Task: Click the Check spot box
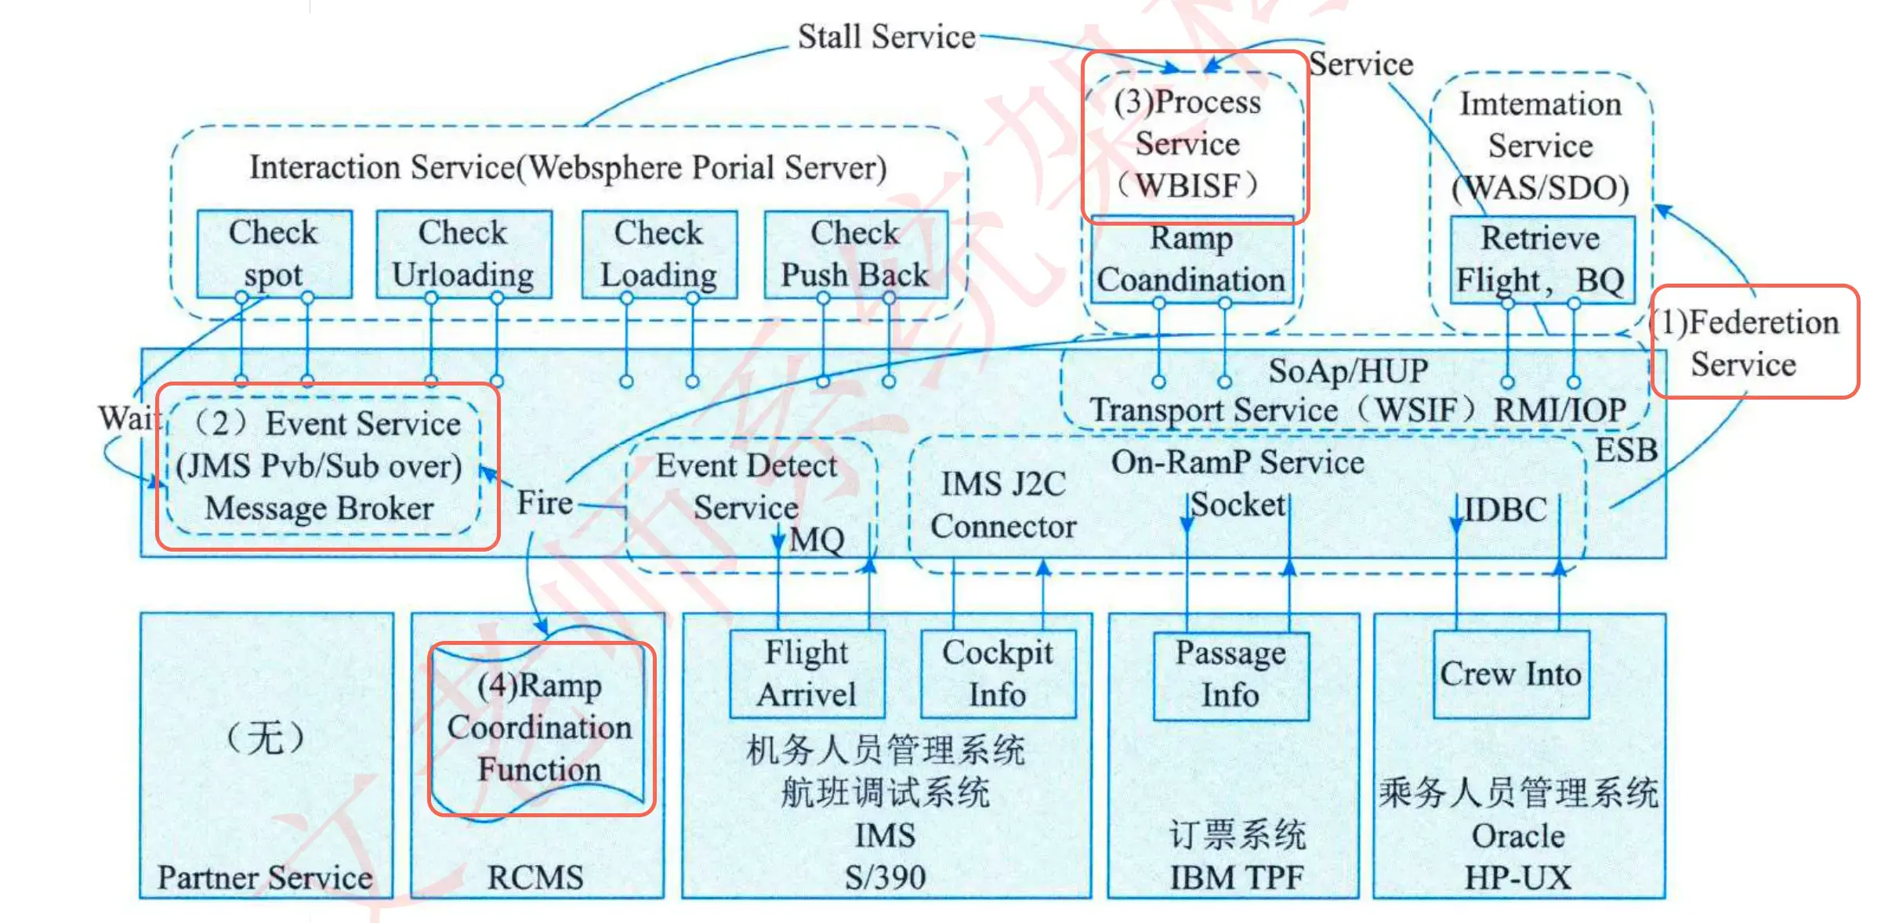[274, 254]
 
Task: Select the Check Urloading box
[463, 254]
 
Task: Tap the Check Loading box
[659, 254]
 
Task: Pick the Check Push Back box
[855, 254]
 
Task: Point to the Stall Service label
[886, 37]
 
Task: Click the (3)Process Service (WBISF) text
[1188, 144]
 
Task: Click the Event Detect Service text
[747, 487]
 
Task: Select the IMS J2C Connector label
[1004, 505]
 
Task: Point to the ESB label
[1627, 451]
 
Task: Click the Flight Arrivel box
[806, 674]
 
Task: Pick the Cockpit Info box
[998, 674]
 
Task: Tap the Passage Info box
[1230, 675]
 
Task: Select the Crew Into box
[1510, 675]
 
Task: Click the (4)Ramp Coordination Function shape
[540, 728]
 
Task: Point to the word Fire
[545, 503]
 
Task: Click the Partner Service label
[265, 878]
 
